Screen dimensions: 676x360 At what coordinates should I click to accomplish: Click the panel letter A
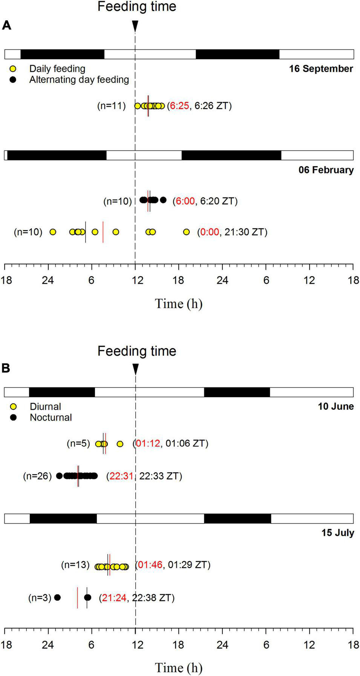tap(6, 25)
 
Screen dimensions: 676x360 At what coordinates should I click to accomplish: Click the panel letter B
tap(6, 368)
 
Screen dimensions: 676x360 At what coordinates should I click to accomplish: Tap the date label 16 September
tap(321, 69)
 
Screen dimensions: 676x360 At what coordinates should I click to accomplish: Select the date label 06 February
tap(326, 170)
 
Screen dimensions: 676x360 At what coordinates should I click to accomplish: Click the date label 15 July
tap(337, 533)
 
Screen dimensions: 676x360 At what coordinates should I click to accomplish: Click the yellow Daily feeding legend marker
tap(13, 69)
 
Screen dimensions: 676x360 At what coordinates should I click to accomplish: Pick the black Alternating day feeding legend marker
tap(13, 80)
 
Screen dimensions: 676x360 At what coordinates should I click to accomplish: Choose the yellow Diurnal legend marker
tap(14, 407)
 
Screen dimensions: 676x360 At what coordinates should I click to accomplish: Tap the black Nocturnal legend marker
tap(14, 418)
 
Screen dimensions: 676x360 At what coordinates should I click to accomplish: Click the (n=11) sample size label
tap(111, 106)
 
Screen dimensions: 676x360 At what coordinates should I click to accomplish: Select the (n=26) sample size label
tap(37, 476)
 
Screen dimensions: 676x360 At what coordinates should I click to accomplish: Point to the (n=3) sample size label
tap(40, 598)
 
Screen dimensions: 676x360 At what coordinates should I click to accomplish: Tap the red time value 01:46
tap(150, 565)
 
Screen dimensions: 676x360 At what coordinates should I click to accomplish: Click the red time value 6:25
tap(179, 106)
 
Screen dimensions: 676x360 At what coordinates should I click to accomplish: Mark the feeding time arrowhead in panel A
tap(135, 26)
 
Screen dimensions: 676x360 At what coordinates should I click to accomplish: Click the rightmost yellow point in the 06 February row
tap(186, 232)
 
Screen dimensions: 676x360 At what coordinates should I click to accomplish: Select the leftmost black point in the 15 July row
tap(57, 597)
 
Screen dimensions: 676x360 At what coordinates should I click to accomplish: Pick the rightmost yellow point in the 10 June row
tap(120, 444)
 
